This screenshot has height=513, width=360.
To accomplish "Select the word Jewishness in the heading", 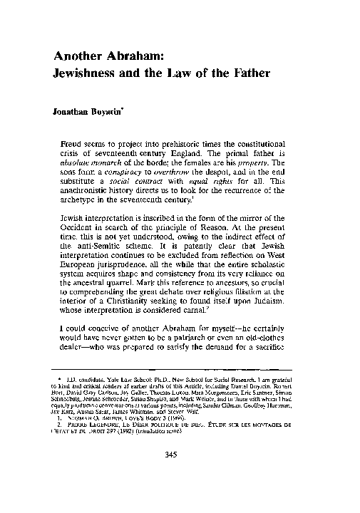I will tap(92, 75).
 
